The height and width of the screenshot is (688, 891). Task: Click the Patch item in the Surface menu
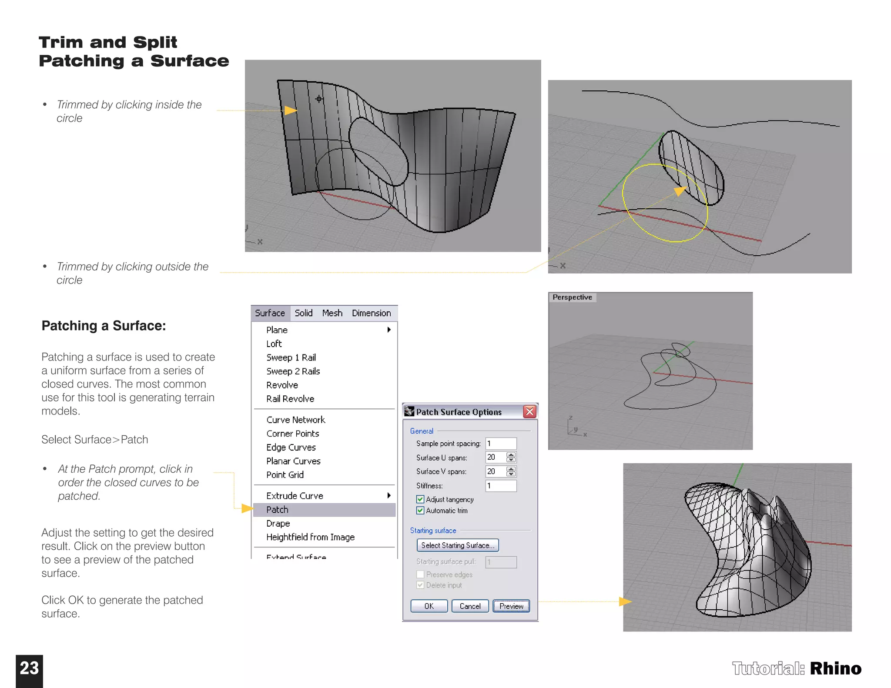(x=278, y=510)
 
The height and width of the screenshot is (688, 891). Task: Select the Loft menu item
(x=274, y=344)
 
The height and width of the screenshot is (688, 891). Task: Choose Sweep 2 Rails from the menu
(x=293, y=371)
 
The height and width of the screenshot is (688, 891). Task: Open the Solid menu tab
(x=303, y=313)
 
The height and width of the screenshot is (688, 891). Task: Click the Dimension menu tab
(x=371, y=313)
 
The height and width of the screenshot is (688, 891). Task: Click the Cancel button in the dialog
(x=470, y=606)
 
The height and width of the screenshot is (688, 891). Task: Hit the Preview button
(x=511, y=606)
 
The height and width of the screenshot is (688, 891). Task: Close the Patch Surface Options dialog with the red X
(x=529, y=411)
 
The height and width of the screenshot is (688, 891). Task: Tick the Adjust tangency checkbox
(x=420, y=499)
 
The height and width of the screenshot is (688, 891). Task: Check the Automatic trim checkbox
(x=420, y=511)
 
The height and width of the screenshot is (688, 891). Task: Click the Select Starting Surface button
(x=458, y=545)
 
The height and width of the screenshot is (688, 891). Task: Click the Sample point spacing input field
(x=501, y=444)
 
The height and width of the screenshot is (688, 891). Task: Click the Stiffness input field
(x=501, y=486)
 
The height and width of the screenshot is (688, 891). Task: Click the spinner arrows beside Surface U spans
(x=511, y=458)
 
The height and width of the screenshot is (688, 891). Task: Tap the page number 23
(x=29, y=668)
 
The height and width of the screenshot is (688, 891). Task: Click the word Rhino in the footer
(x=835, y=669)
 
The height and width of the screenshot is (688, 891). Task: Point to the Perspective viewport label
(x=572, y=297)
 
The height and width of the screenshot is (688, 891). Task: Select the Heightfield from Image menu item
(x=310, y=537)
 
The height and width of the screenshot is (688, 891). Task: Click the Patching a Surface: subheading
(x=104, y=326)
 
